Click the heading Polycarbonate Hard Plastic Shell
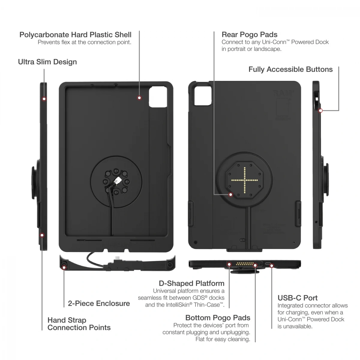(75, 35)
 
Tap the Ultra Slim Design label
(47, 62)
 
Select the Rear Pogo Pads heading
(249, 34)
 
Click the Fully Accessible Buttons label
(290, 69)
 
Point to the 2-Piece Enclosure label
(99, 303)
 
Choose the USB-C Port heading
(297, 298)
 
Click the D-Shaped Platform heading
(191, 283)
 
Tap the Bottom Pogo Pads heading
(217, 318)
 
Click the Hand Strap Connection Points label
(79, 324)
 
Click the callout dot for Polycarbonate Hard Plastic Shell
(139, 98)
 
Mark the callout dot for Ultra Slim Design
(44, 99)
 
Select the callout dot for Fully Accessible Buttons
(320, 111)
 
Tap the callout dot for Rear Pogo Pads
(231, 195)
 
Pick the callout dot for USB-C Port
(271, 265)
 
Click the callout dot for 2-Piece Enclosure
(64, 268)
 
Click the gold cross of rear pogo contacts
(244, 180)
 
